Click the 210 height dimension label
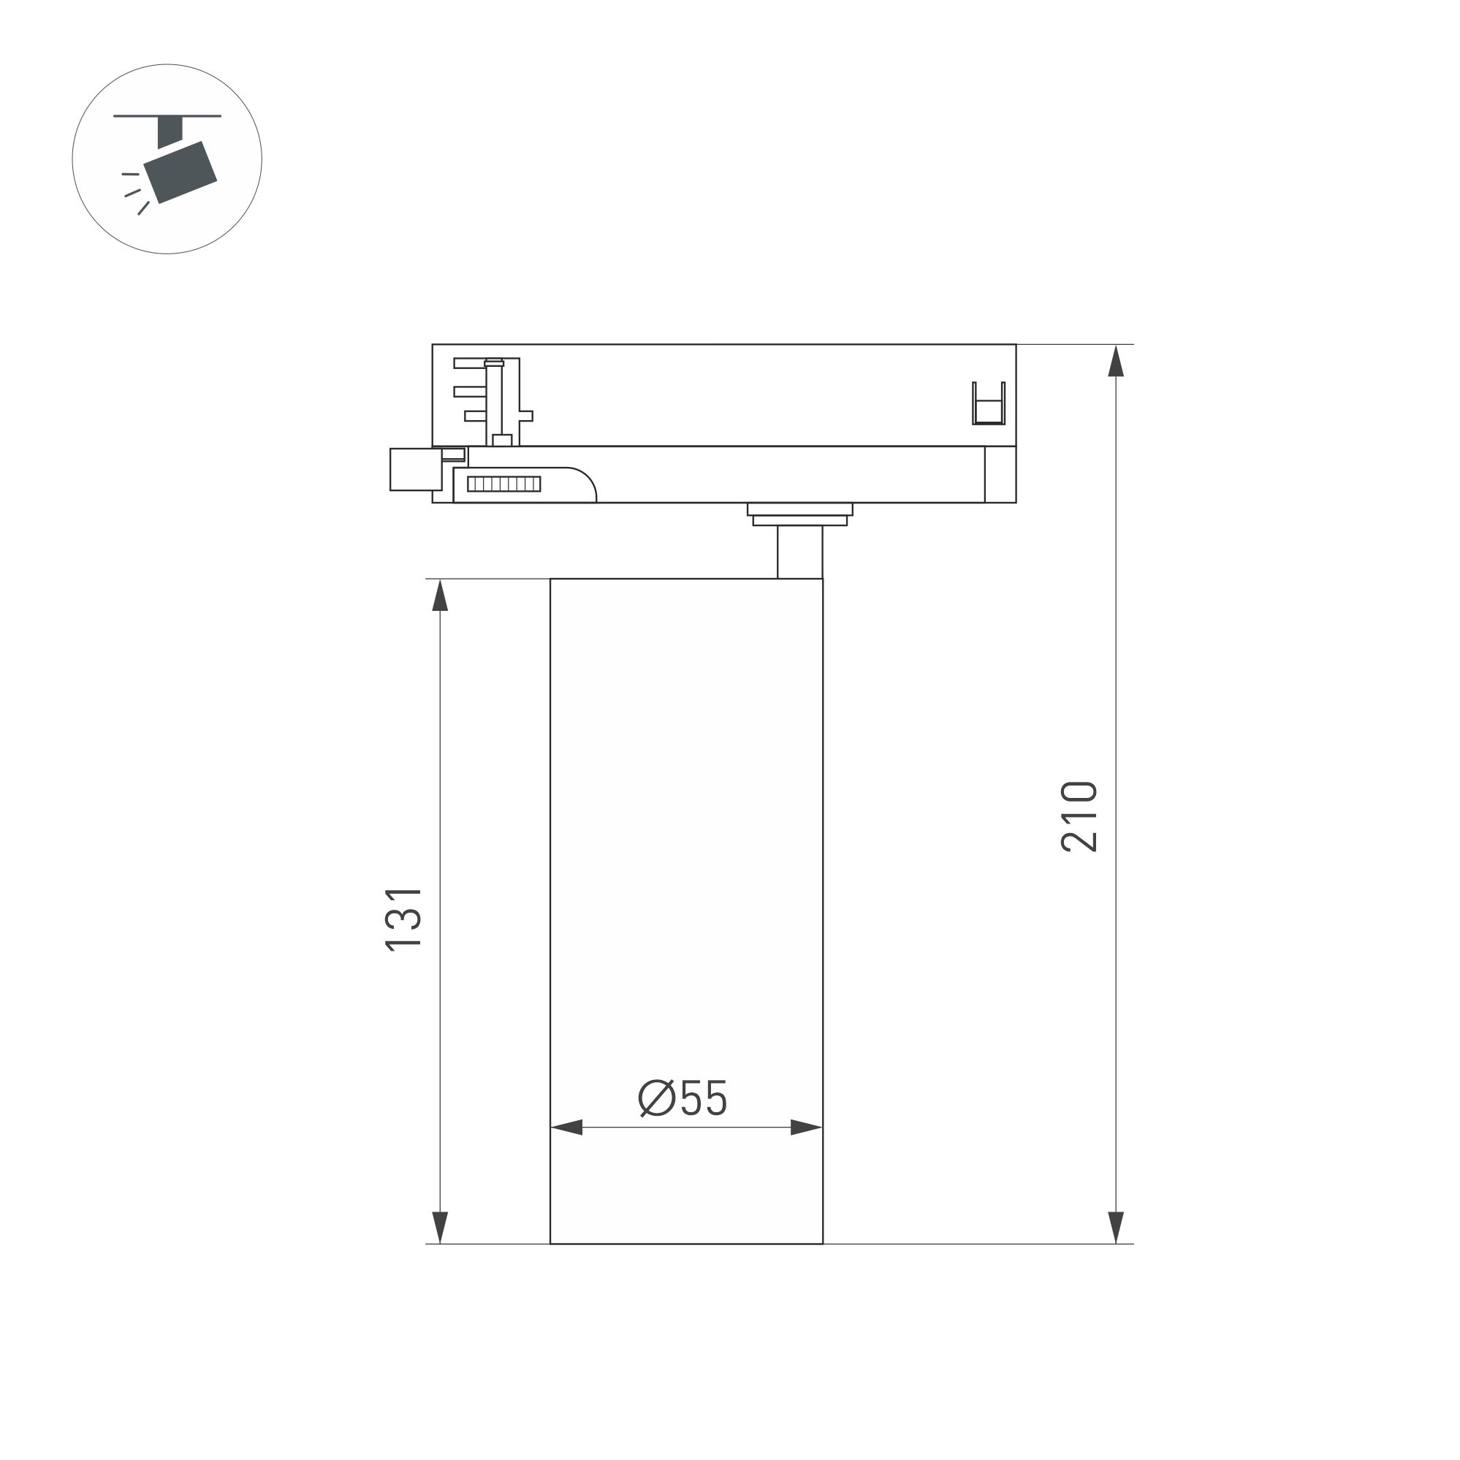pos(1079,817)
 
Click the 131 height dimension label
pos(403,919)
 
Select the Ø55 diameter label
pos(683,1098)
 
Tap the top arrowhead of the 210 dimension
pos(1115,361)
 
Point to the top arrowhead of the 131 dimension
pos(440,596)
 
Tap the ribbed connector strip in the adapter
pos(504,484)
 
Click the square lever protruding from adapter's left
pos(415,469)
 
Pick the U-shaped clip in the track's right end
pos(989,403)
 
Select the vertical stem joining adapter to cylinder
pos(799,552)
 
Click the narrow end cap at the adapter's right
pos(1000,474)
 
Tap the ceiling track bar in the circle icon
pos(167,116)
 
